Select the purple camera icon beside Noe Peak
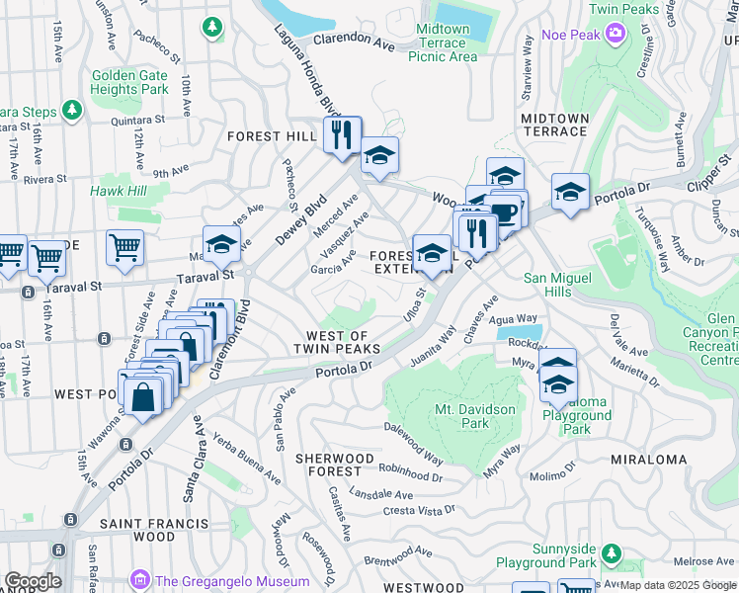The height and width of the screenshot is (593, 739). point(616,36)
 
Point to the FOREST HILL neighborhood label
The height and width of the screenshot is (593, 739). point(271,136)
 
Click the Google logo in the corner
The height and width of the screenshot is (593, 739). point(32,581)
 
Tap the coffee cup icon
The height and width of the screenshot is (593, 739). point(506,212)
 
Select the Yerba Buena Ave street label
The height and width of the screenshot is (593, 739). point(236,461)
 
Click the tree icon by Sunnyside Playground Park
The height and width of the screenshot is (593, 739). point(613,551)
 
